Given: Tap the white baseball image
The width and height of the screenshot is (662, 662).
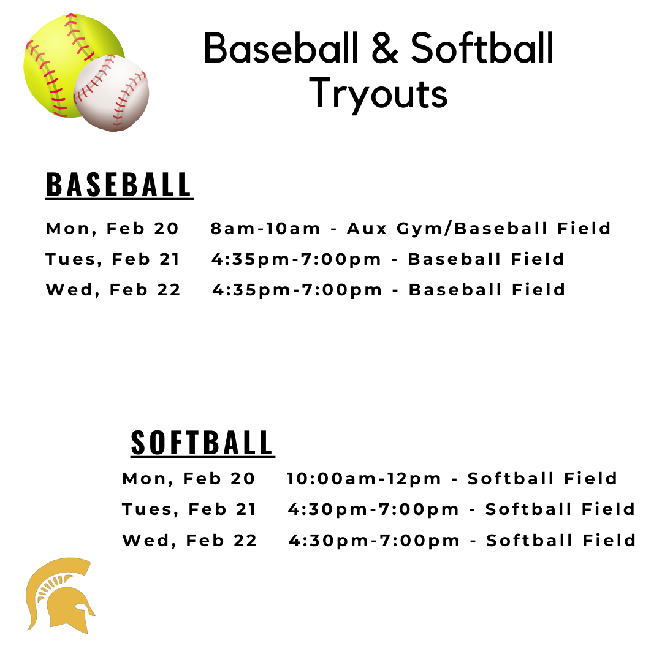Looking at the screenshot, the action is pos(112,93).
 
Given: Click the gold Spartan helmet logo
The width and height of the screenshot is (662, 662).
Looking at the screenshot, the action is pos(61,595).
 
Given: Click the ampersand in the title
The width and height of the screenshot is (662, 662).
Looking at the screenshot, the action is pos(384,49).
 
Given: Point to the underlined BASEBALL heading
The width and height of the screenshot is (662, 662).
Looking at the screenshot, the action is pos(119,185).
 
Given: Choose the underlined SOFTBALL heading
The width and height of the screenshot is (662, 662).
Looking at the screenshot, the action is pos(202,443).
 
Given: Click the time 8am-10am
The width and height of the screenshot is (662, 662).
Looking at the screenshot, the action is pos(265,229).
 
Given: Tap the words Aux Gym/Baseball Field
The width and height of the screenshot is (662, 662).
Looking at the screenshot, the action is pos(479,229).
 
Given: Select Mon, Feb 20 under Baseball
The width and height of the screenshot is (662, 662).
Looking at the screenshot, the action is pos(112,229).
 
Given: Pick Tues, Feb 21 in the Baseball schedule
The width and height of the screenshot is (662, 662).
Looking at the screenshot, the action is pos(113,259).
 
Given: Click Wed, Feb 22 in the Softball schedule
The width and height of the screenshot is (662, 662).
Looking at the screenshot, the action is pos(189,541).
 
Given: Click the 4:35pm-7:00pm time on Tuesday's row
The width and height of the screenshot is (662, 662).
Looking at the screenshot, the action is pos(297,260).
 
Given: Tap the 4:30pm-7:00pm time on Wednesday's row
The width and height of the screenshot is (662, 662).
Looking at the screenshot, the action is pos(374,541).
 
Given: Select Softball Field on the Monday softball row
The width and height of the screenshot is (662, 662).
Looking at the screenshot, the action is pos(542,479).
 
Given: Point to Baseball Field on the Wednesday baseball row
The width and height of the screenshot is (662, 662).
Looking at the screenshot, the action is pos(487,290).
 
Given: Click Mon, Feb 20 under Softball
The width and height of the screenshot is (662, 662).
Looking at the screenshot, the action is pos(189,479).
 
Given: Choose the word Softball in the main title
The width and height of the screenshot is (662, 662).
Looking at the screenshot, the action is pos(482,48).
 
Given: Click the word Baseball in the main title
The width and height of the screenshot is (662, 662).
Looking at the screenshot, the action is pos(281,48).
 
